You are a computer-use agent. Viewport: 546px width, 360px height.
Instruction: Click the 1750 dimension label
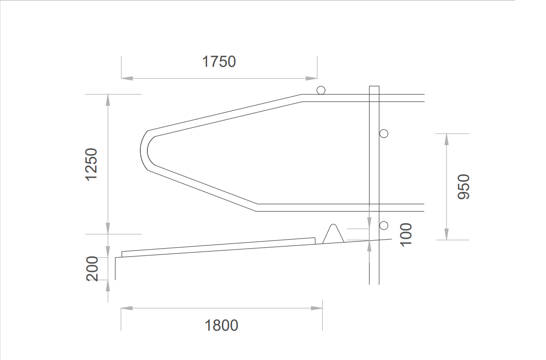point(219,62)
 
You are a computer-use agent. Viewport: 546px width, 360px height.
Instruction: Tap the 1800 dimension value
point(221,325)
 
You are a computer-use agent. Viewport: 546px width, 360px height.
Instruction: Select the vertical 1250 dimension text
point(91,164)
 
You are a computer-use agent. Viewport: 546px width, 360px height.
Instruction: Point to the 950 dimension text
point(464,187)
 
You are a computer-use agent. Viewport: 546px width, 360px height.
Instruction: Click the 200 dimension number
point(92,269)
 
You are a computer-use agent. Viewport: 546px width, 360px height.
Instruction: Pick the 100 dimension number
point(406,235)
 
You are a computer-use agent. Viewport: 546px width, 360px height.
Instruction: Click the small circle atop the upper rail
point(321,90)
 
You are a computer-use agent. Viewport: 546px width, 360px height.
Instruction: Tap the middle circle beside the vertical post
point(384,134)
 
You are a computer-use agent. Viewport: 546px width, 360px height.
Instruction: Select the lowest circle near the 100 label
point(384,225)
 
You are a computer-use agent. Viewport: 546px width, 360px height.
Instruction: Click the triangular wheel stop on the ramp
point(333,234)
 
